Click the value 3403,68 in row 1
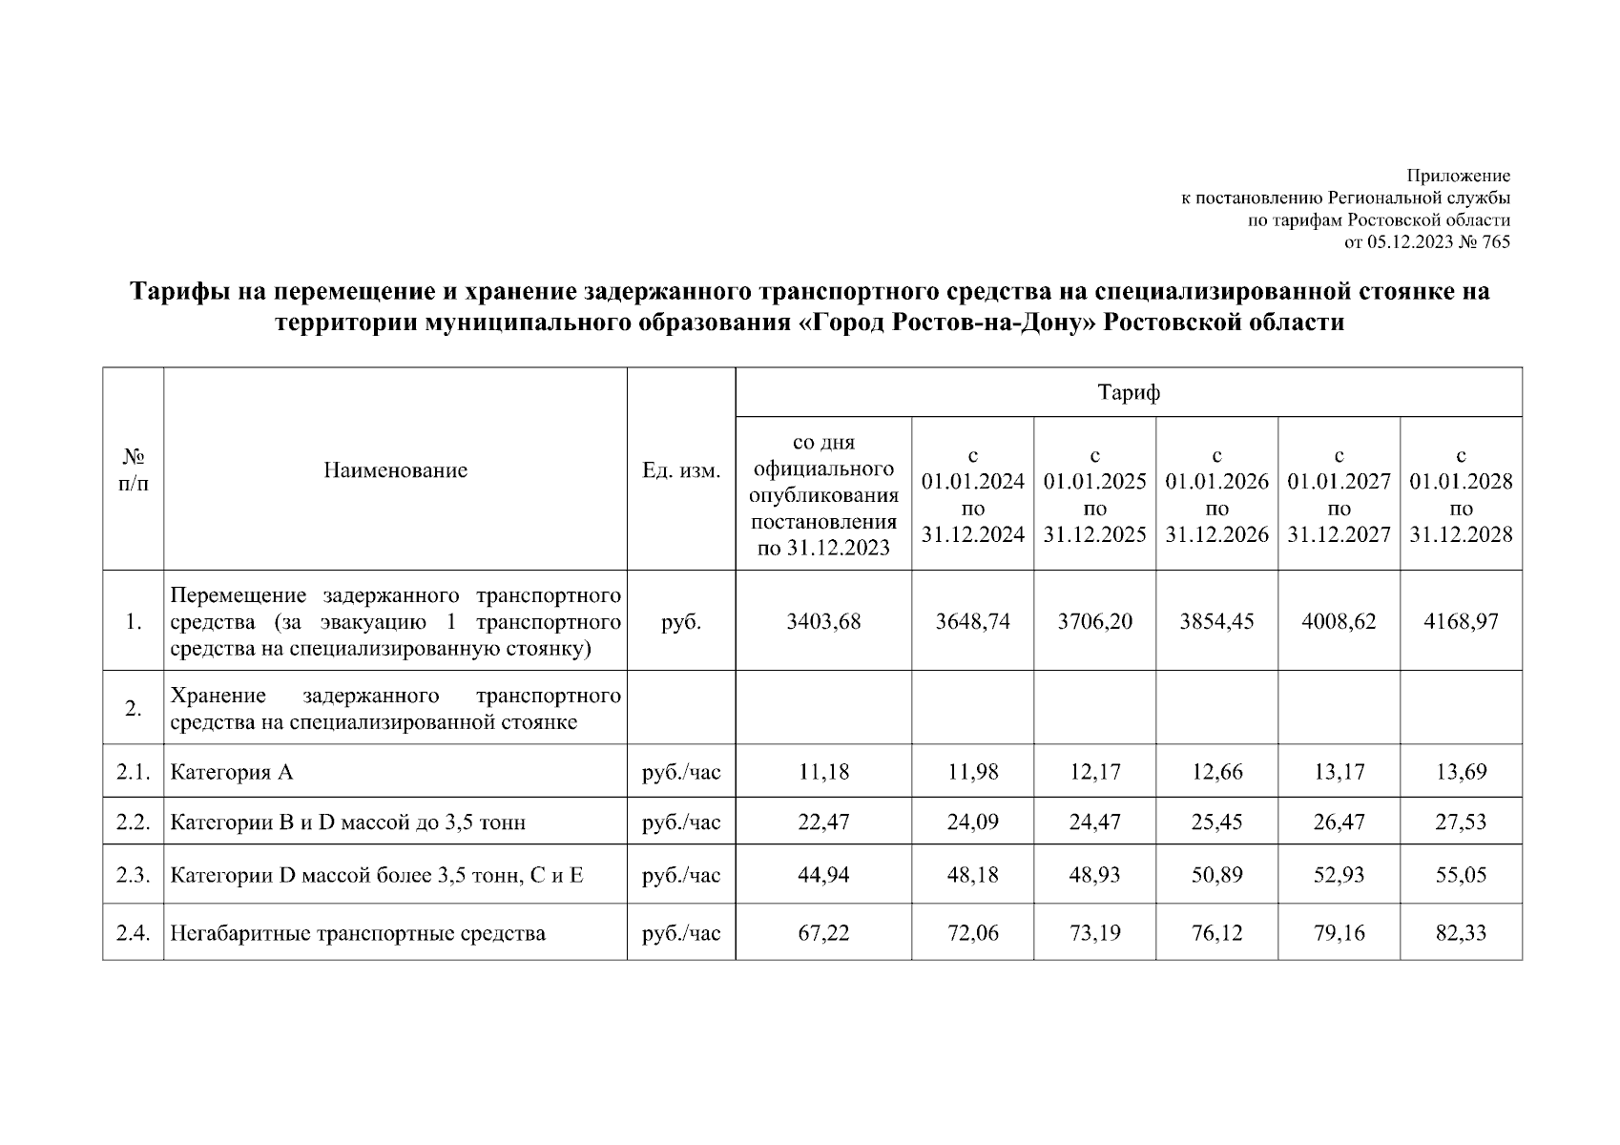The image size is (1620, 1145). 823,621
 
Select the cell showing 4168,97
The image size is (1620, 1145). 1461,621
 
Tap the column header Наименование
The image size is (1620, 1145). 395,469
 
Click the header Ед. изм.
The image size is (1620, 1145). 681,470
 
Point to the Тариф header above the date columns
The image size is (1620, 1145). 1129,392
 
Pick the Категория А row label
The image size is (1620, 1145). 232,771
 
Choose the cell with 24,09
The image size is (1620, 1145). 972,821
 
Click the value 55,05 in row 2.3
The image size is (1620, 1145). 1461,874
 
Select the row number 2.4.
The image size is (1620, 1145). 134,932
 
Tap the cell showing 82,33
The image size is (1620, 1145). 1461,932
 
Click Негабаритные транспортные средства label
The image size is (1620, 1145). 358,932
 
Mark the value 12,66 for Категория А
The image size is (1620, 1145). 1216,771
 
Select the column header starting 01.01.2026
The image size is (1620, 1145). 1216,494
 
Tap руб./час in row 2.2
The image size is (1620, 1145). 681,821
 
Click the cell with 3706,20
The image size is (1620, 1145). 1094,621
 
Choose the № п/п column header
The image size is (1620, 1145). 134,469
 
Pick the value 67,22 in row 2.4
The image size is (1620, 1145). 823,932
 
